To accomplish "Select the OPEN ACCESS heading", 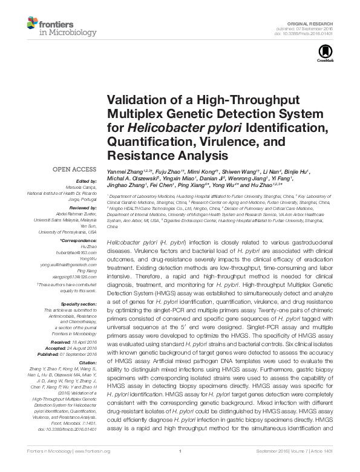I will pyautogui.click(x=74, y=169).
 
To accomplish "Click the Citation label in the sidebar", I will pyautogui.click(x=87, y=361).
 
